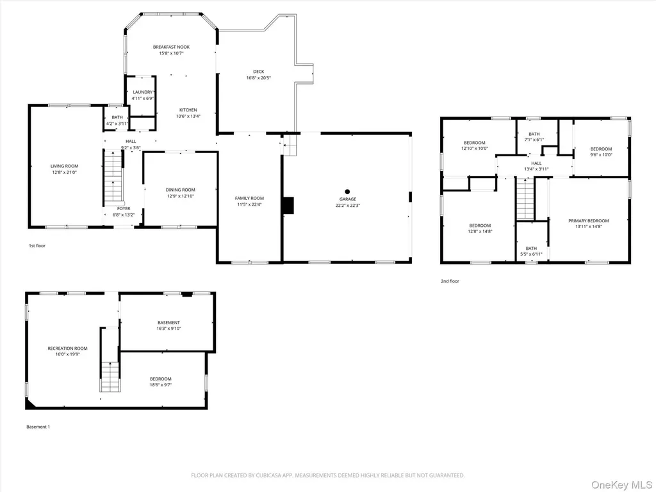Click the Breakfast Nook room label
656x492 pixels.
(x=171, y=47)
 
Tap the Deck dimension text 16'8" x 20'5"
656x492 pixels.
(x=259, y=78)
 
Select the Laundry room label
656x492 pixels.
(x=143, y=92)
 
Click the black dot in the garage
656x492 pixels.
(x=347, y=192)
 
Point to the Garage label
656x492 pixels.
(x=348, y=199)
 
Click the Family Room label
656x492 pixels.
(x=249, y=199)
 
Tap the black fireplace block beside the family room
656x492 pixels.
(x=288, y=206)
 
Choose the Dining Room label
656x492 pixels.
(x=180, y=190)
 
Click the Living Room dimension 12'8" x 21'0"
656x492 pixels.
(x=65, y=172)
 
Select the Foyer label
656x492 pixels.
(x=124, y=209)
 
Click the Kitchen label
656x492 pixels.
(x=188, y=110)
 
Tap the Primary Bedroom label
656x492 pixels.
(x=589, y=221)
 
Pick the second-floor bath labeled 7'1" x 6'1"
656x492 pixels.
(x=534, y=137)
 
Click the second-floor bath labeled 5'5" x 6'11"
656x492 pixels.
(x=531, y=251)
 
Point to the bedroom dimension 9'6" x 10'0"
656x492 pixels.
(x=601, y=155)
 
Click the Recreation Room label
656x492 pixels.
(x=67, y=348)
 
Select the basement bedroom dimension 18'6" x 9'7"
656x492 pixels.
(x=161, y=385)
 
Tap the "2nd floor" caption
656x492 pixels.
(x=450, y=281)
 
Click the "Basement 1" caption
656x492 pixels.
(x=38, y=427)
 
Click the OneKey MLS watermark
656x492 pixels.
(x=621, y=485)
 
